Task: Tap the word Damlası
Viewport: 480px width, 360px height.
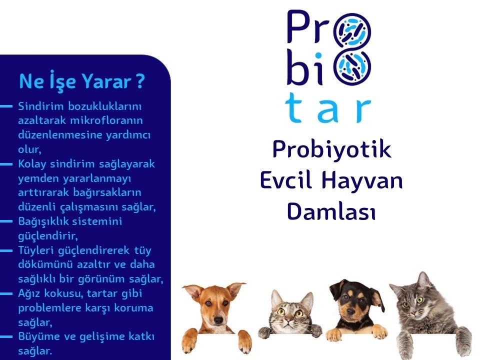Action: click(x=331, y=211)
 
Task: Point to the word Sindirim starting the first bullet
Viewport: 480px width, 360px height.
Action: click(x=41, y=106)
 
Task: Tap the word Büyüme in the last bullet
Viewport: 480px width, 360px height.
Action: click(x=38, y=336)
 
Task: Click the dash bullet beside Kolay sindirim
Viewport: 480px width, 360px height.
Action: click(x=6, y=164)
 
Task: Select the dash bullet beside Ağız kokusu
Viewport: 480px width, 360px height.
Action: click(x=6, y=293)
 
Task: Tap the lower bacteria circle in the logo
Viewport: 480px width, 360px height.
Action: click(x=352, y=67)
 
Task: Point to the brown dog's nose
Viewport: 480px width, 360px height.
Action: click(x=218, y=320)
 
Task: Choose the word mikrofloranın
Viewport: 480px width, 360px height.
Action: click(x=106, y=120)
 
